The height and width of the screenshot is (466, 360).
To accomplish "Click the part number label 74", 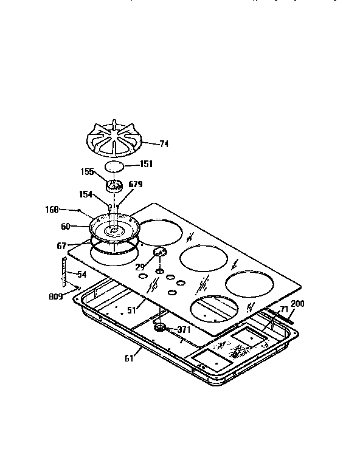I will [164, 144].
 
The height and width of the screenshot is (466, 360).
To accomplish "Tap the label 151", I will [146, 164].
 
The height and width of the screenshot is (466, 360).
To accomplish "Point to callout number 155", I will [88, 172].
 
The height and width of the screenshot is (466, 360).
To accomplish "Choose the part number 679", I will [135, 184].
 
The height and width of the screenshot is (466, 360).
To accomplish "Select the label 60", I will [65, 226].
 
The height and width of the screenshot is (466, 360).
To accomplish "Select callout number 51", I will [131, 309].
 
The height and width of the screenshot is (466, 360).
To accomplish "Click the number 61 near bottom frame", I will [128, 358].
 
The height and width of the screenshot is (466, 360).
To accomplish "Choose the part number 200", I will [297, 303].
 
